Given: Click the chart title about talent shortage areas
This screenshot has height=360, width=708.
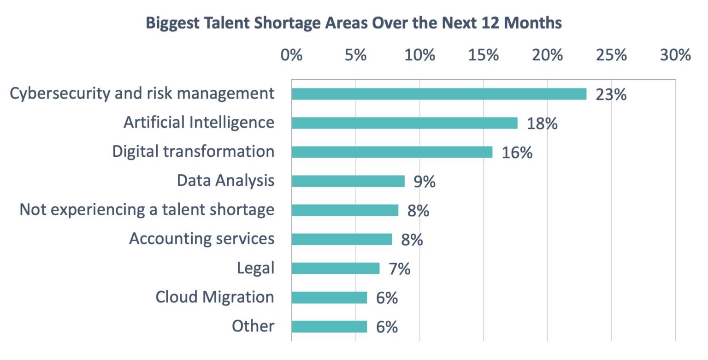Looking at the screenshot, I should (354, 23).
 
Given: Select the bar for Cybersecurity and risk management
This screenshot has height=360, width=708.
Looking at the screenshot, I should (439, 94).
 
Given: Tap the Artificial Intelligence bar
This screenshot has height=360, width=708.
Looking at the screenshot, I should (404, 123).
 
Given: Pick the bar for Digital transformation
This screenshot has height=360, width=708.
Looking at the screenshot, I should (392, 152).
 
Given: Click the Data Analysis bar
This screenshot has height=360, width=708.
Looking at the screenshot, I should (348, 181).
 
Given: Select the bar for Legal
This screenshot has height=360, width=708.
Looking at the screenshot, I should (336, 268).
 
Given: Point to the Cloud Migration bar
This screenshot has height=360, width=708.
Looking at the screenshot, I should (329, 297).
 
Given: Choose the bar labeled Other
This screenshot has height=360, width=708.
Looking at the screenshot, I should (329, 326).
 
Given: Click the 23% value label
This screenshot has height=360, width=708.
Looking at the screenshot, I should (611, 95).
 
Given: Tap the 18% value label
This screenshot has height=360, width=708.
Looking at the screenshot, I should (542, 124).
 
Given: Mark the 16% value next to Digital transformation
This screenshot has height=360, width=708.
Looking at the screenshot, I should (517, 153).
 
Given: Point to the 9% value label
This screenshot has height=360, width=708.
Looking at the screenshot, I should (424, 182).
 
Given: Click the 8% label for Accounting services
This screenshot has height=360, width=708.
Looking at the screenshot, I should (412, 240).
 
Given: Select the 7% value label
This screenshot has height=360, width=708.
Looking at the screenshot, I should (399, 269).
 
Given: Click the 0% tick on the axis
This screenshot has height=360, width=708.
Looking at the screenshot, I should (291, 55).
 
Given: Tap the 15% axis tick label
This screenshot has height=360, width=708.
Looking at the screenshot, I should (483, 55).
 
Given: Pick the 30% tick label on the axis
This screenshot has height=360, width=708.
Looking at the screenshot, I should (675, 55).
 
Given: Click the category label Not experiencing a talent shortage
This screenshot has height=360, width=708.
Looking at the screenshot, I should (147, 210).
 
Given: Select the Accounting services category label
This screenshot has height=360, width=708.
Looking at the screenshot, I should (202, 239).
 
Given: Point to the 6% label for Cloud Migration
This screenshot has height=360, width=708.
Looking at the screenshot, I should (386, 298).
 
